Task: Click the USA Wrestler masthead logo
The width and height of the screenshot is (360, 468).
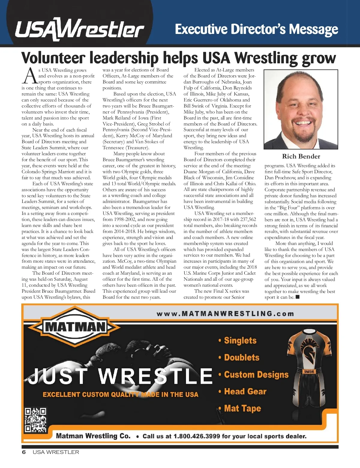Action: click(79, 29)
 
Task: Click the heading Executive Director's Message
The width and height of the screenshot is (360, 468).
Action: click(256, 29)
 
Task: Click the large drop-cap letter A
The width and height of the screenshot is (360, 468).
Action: click(29, 76)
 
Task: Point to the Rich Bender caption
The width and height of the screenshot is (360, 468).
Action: click(301, 156)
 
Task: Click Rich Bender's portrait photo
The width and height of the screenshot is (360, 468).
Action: click(301, 110)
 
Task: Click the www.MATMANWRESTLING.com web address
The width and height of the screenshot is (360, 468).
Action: click(225, 314)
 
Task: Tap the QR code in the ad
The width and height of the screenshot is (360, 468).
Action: click(35, 420)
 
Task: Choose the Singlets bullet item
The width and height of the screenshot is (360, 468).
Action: click(240, 340)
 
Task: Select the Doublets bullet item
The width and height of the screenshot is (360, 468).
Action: click(241, 358)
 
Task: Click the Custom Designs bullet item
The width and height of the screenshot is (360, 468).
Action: click(256, 375)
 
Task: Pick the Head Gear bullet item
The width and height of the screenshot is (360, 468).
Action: click(245, 391)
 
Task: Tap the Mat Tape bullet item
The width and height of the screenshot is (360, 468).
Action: click(242, 409)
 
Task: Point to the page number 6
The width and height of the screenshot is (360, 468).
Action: click(24, 452)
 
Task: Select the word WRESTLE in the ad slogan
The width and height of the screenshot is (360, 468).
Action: click(155, 376)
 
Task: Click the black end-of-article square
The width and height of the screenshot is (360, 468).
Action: click(298, 297)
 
